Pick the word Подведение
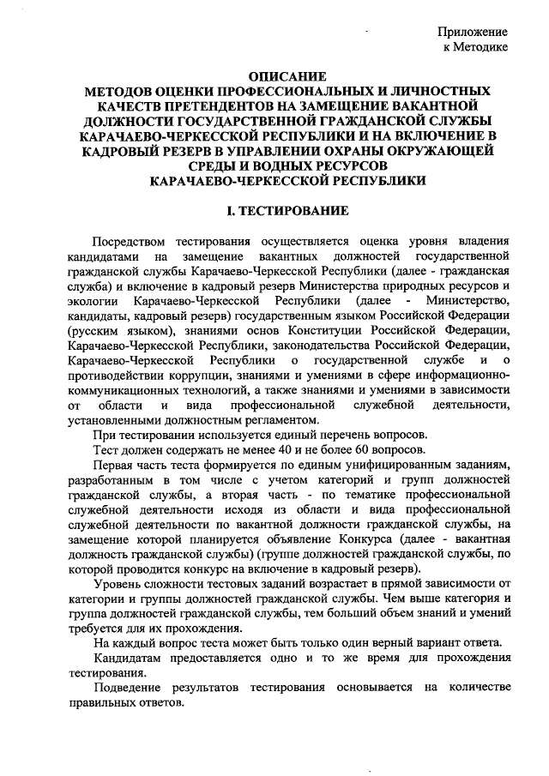[x=131, y=687]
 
